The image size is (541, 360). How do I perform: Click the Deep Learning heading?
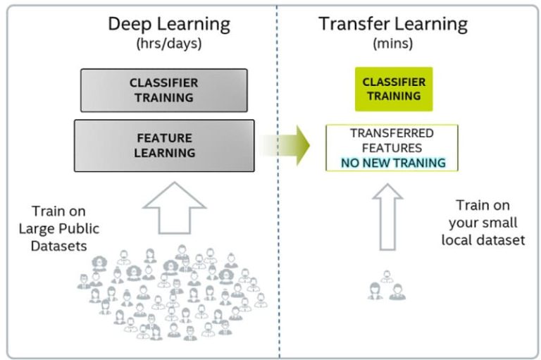point(168,24)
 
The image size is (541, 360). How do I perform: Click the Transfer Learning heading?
point(392,24)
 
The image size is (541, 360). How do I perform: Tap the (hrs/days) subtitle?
point(169,44)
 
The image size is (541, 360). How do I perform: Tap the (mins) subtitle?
point(392,44)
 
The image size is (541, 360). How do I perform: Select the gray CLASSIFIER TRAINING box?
point(163,89)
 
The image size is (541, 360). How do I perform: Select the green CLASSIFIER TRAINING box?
point(393,89)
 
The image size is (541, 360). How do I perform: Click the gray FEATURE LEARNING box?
point(163,146)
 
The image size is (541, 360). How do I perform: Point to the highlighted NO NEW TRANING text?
point(392,163)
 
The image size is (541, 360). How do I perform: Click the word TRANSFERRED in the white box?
point(392,133)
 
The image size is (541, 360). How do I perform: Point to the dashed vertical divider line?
point(279,211)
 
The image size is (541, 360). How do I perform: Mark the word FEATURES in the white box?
point(392,148)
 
